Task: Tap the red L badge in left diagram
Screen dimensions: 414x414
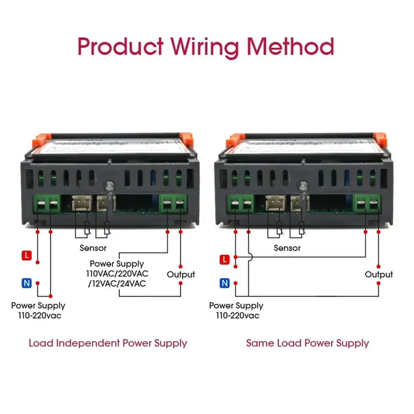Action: [x=26, y=255]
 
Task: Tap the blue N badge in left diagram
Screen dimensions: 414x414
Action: [x=26, y=283]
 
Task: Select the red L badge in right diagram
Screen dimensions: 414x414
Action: [x=224, y=259]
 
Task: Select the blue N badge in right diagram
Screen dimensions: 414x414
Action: [x=224, y=283]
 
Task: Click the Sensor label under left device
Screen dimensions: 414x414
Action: [x=93, y=248]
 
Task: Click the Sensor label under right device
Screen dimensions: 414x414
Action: [x=287, y=248]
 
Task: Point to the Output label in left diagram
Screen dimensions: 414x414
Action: [x=181, y=274]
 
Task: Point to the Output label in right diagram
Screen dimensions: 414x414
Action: [x=379, y=274]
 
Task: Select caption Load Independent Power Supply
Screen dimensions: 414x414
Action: [x=108, y=343]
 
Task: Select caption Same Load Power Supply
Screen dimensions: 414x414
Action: [x=307, y=343]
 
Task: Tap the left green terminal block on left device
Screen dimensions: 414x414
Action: [x=47, y=203]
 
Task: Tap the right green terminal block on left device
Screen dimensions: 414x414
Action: [x=173, y=203]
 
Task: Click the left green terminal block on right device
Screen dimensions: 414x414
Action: [x=241, y=203]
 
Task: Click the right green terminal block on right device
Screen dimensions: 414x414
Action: [x=366, y=203]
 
